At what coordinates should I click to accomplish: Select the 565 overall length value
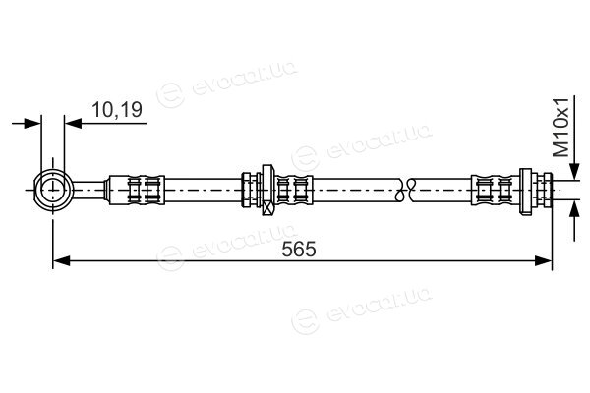pos(299,250)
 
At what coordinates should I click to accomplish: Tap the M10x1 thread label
pos(561,133)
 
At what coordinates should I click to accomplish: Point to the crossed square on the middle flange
pos(267,208)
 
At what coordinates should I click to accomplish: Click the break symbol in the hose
pos(405,190)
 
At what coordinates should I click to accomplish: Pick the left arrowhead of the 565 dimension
pos(62,260)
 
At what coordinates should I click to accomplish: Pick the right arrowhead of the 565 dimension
pos(544,260)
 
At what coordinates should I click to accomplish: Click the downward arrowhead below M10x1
pos(574,172)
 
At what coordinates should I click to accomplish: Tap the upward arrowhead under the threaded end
pos(574,209)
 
